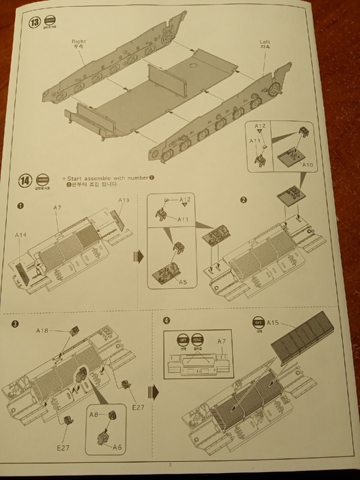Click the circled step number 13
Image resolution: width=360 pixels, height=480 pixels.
[x=34, y=23]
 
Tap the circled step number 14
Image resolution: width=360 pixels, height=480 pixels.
[x=25, y=180]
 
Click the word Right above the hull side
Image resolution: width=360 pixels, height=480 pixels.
[x=79, y=41]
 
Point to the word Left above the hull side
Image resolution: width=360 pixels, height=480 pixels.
[x=265, y=42]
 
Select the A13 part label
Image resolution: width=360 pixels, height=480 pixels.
[x=124, y=200]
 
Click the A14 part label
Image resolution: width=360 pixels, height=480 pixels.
[x=21, y=235]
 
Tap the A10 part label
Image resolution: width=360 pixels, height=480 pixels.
[x=307, y=165]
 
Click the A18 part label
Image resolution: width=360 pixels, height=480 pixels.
[x=43, y=331]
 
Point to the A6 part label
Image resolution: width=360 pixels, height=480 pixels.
[x=117, y=447]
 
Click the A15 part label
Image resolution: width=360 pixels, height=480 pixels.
[x=273, y=322]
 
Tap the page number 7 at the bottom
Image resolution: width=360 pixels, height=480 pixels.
[x=170, y=465]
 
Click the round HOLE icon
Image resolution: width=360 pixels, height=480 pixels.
[x=197, y=340]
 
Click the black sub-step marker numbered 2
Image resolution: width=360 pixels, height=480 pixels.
[x=243, y=200]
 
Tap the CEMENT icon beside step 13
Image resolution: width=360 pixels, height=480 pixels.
[x=50, y=21]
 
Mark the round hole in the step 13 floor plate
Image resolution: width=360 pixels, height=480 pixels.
[x=193, y=65]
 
